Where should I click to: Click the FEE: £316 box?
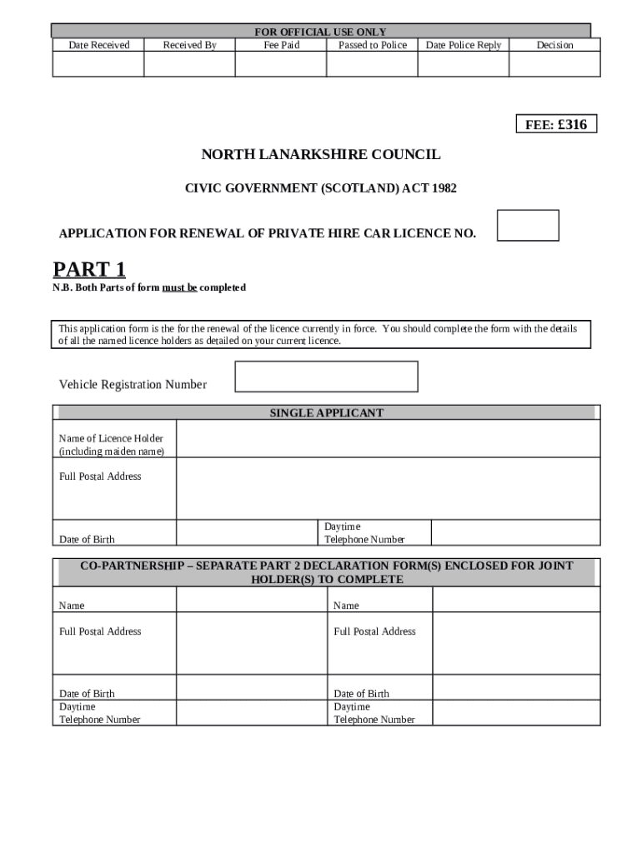coord(556,125)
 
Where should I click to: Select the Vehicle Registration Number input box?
coord(326,377)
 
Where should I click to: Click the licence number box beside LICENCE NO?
coord(528,226)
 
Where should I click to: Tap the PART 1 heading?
coord(89,269)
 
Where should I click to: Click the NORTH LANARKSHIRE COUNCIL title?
coord(320,155)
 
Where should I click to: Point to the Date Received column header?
coord(98,45)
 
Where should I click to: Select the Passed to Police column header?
coord(372,45)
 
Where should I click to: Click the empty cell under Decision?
coord(554,64)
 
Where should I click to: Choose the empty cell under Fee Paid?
coord(281,64)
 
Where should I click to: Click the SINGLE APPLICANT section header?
coord(326,413)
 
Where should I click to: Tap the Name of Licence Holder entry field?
coord(388,439)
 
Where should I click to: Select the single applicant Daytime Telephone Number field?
coord(514,533)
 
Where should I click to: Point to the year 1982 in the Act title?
coord(444,189)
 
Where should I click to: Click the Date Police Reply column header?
coord(464,45)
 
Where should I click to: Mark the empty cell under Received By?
coord(189,64)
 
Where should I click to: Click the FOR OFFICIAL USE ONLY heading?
coord(320,32)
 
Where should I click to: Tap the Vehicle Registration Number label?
coord(133,384)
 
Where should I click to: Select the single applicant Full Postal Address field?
coord(388,488)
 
